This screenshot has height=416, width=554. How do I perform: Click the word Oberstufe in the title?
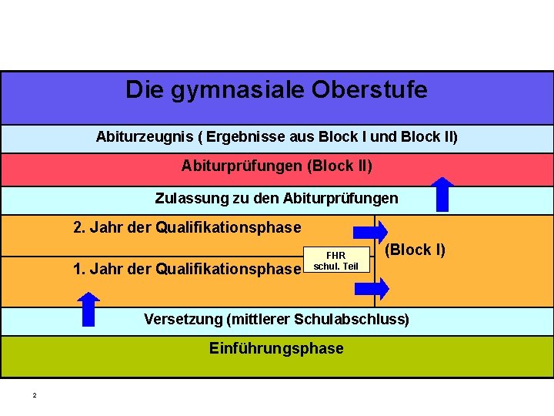pos(369,90)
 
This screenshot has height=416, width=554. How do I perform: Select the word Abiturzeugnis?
pos(144,137)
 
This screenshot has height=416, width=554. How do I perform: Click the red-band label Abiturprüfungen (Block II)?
pos(276,166)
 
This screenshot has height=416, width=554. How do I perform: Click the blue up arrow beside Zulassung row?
pos(443,194)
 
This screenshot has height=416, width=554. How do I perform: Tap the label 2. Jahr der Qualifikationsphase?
pos(187,227)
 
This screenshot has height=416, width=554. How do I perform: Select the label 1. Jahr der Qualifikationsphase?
pos(187,269)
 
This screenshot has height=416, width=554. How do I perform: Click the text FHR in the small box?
pos(336,255)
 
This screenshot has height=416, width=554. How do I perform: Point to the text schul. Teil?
pos(336,267)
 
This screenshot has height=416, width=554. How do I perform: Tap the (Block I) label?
pos(415,250)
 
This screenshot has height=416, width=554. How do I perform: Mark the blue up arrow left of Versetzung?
pos(90,309)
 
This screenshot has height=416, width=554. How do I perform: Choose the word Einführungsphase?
pos(276,348)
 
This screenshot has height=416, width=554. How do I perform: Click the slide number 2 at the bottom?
pos(34,395)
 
